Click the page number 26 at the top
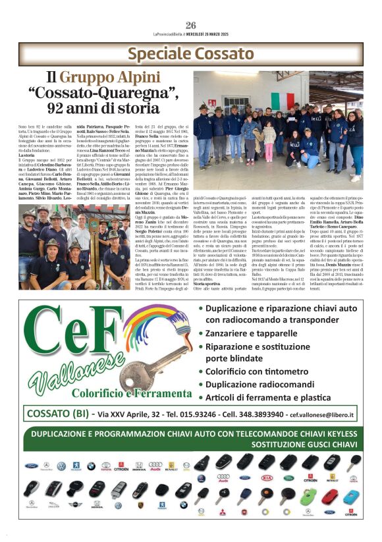(191, 26)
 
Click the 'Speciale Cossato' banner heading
(190, 54)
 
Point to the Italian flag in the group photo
(284, 101)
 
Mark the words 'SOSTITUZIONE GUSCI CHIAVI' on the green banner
(190, 445)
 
